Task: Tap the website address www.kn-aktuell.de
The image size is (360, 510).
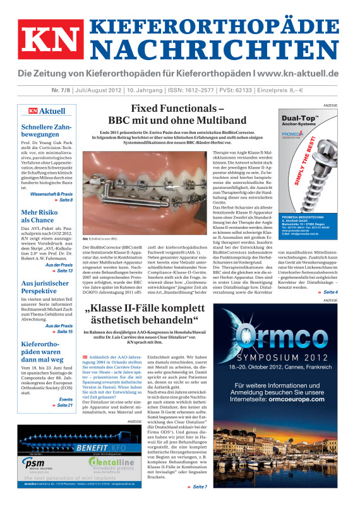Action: pyautogui.click(x=294, y=74)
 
